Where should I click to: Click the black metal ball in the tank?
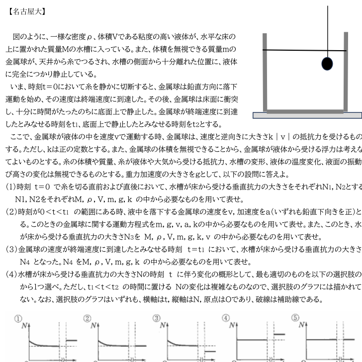[x=326, y=63]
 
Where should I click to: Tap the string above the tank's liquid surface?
[x=328, y=25]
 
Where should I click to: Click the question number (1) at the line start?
[x=10, y=187]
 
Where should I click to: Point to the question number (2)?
[x=10, y=212]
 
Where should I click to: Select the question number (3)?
[x=10, y=249]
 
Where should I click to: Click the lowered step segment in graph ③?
[x=210, y=351]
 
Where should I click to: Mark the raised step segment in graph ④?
[x=279, y=334]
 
